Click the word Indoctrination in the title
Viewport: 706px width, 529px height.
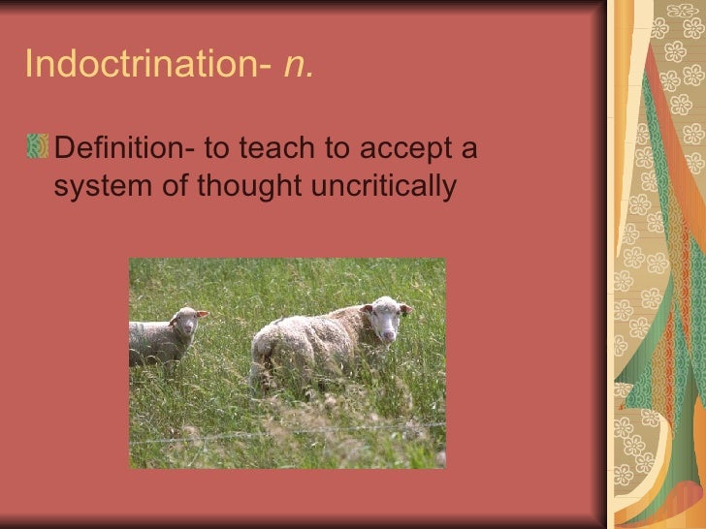tap(141, 64)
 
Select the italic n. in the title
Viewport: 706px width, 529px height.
tap(299, 64)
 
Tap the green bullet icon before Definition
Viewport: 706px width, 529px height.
tap(37, 146)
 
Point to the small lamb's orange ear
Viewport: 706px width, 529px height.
tap(202, 314)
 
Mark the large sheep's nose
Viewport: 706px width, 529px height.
tap(388, 333)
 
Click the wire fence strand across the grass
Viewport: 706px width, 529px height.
tap(291, 430)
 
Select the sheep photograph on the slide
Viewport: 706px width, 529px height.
tap(287, 362)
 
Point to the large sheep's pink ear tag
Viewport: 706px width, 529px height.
tap(404, 310)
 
